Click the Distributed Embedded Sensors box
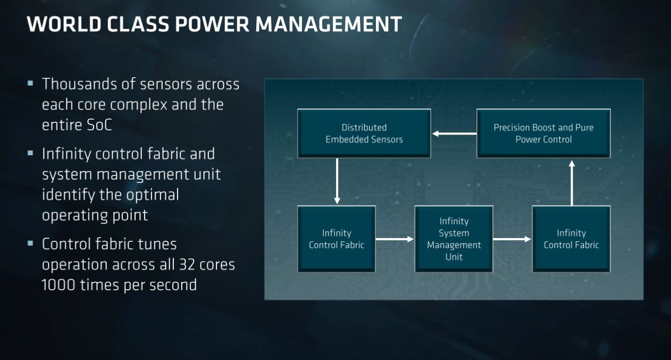pos(364,133)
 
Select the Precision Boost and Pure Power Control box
pos(543,133)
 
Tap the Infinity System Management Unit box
pos(454,239)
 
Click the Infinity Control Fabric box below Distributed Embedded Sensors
pos(337,239)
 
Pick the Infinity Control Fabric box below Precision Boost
pos(571,239)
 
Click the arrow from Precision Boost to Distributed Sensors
pos(454,133)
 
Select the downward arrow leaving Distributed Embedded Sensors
pos(337,181)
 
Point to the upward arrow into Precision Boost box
pos(572,183)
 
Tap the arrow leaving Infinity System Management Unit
pos(512,239)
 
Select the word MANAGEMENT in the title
pos(329,24)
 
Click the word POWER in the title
pos(212,24)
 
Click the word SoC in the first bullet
pos(99,125)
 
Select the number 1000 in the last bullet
pos(58,285)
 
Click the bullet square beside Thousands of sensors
pos(30,83)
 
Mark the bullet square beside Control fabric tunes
pos(30,243)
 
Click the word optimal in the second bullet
pos(153,195)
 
